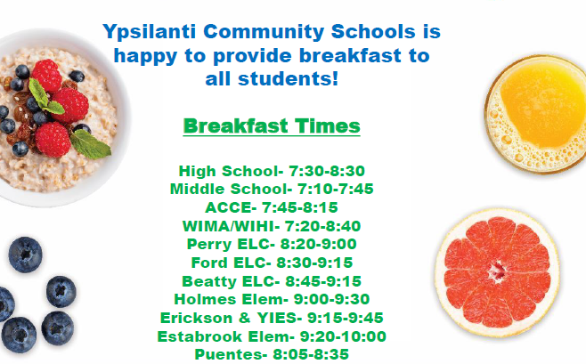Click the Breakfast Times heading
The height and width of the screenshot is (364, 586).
click(272, 125)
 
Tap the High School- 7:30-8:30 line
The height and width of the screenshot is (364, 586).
click(272, 171)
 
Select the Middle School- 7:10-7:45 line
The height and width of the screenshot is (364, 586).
click(272, 189)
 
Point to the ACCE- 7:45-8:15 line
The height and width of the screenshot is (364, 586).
click(272, 207)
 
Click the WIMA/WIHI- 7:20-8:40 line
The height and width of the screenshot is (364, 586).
click(272, 226)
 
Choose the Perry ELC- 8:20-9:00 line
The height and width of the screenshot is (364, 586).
click(272, 244)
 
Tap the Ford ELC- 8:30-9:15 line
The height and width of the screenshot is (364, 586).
click(272, 263)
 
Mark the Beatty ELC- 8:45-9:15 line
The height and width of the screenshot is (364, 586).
click(272, 280)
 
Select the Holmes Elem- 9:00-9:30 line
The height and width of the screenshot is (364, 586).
click(272, 299)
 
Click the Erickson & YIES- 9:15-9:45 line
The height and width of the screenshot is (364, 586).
click(272, 318)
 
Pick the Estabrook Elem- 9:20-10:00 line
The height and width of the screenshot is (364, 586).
click(272, 336)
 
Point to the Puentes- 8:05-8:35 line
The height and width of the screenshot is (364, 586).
click(272, 354)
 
